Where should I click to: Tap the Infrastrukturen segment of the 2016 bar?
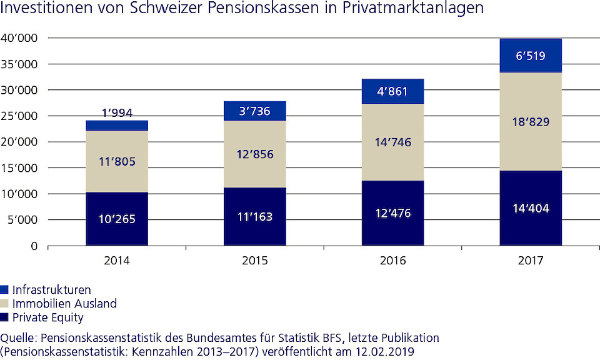pyautogui.click(x=392, y=91)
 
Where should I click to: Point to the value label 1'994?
pyautogui.click(x=117, y=113)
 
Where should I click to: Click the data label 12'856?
pyautogui.click(x=255, y=154)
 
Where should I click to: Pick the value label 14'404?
pyautogui.click(x=530, y=208)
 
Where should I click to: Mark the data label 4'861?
pyautogui.click(x=392, y=91)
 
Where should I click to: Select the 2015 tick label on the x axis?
pyautogui.click(x=254, y=260)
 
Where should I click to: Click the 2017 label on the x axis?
pyautogui.click(x=530, y=260)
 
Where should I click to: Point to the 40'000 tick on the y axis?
pyautogui.click(x=20, y=38)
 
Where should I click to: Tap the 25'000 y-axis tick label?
pyautogui.click(x=20, y=116)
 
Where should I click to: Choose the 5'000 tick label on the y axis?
pyautogui.click(x=22, y=220)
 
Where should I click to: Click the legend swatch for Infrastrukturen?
pyautogui.click(x=5, y=290)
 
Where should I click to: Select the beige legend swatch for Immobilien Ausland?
pyautogui.click(x=5, y=304)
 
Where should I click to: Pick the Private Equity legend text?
pyautogui.click(x=47, y=317)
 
